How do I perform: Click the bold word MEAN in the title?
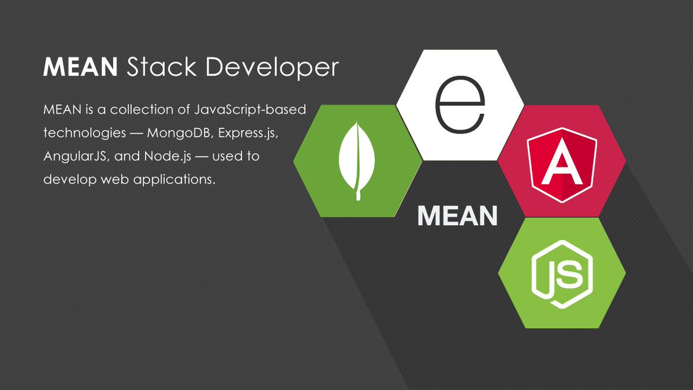[x=81, y=68]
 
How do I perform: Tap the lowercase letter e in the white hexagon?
[x=460, y=105]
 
